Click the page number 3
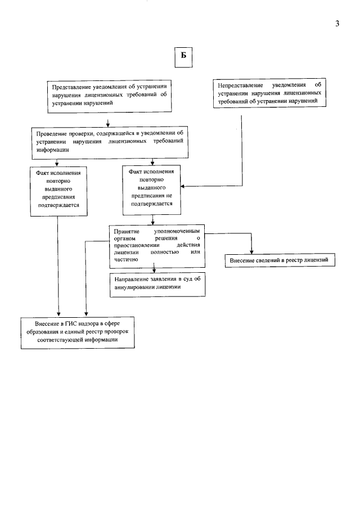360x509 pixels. tap(337, 24)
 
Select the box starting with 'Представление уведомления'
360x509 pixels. tap(109, 95)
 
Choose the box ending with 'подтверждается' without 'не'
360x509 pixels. tap(58, 191)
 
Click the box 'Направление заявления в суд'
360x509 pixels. tap(157, 283)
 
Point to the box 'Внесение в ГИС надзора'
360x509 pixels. tap(78, 332)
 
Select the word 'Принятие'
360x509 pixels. tap(125, 232)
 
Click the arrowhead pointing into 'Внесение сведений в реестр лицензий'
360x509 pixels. tap(251, 251)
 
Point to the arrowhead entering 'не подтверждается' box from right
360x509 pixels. tap(182, 186)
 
